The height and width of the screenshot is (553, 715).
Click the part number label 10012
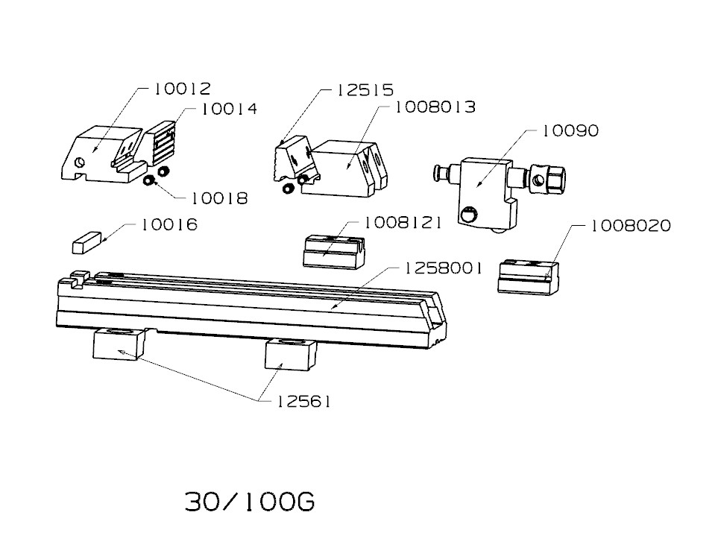pyautogui.click(x=183, y=89)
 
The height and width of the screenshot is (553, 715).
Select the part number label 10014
pyautogui.click(x=230, y=109)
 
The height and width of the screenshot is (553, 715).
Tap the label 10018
pyautogui.click(x=219, y=198)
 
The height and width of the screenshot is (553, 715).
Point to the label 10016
pyautogui.click(x=170, y=224)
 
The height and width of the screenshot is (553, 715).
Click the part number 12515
pyautogui.click(x=365, y=90)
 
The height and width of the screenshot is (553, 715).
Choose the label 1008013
pyautogui.click(x=435, y=107)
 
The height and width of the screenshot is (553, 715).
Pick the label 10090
pyautogui.click(x=570, y=131)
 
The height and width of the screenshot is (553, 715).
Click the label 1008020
pyautogui.click(x=631, y=225)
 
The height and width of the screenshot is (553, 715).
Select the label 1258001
pyautogui.click(x=443, y=268)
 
